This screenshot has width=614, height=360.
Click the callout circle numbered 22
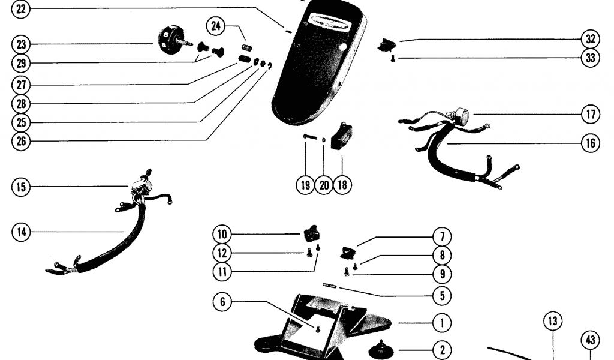(x=21, y=8)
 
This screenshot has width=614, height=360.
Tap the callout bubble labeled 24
(x=216, y=26)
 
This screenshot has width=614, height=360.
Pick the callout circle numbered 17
(x=590, y=113)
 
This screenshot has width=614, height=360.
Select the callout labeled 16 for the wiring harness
(x=590, y=143)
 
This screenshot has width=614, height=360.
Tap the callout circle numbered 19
(x=305, y=184)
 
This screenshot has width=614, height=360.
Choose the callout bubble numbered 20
(x=324, y=184)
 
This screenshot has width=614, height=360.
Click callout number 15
(x=21, y=187)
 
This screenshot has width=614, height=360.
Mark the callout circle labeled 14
(x=21, y=231)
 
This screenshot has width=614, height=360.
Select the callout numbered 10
(x=222, y=233)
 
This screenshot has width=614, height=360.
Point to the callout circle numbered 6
(x=222, y=302)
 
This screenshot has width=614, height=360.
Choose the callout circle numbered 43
(x=590, y=341)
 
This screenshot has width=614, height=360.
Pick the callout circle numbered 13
(x=552, y=321)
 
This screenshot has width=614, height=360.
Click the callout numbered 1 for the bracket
(x=442, y=323)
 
